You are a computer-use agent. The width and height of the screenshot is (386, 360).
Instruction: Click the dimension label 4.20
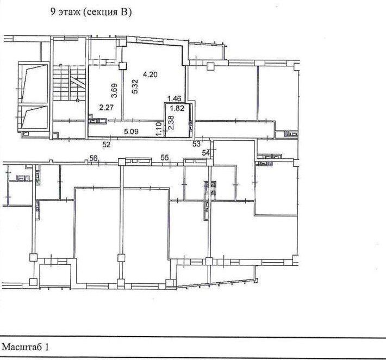(150, 75)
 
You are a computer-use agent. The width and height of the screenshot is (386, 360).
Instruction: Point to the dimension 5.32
(135, 88)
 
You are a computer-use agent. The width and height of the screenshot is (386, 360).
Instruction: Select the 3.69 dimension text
(114, 91)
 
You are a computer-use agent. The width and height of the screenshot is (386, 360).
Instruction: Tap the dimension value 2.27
(106, 108)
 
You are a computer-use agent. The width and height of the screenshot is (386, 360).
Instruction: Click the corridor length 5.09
(131, 132)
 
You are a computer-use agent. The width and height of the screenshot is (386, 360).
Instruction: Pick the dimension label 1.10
(159, 129)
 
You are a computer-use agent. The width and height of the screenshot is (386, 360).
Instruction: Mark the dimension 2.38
(171, 122)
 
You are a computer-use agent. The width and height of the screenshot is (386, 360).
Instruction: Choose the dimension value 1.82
(177, 108)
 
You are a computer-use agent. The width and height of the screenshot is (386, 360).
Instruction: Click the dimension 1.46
(175, 99)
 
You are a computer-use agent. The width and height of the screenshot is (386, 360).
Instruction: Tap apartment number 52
(107, 145)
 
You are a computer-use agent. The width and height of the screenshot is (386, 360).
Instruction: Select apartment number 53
(196, 144)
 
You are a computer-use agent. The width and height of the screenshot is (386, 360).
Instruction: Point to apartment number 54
(206, 153)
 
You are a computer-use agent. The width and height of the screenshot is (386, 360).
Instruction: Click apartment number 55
(165, 157)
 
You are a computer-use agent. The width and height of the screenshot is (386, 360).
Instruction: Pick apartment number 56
(94, 158)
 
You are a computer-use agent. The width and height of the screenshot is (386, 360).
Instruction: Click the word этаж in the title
(70, 13)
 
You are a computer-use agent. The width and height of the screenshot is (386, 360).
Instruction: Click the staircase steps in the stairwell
(69, 84)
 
